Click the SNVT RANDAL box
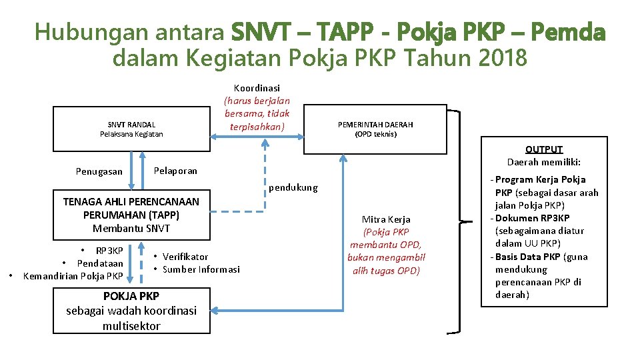pos(131,129)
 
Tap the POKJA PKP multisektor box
pos(131,311)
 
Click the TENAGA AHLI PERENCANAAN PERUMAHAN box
pos(131,215)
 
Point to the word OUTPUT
pos(544,149)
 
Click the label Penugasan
pos(99,171)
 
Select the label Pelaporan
pos(175,170)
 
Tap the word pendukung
pos(293,187)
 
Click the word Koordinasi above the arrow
pos(257,87)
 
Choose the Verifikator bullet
pos(185,257)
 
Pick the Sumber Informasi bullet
pos(201,269)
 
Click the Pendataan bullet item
pos(100,263)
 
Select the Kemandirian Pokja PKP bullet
pos(73,276)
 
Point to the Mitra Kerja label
pos(386,219)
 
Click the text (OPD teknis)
pos(375,134)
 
